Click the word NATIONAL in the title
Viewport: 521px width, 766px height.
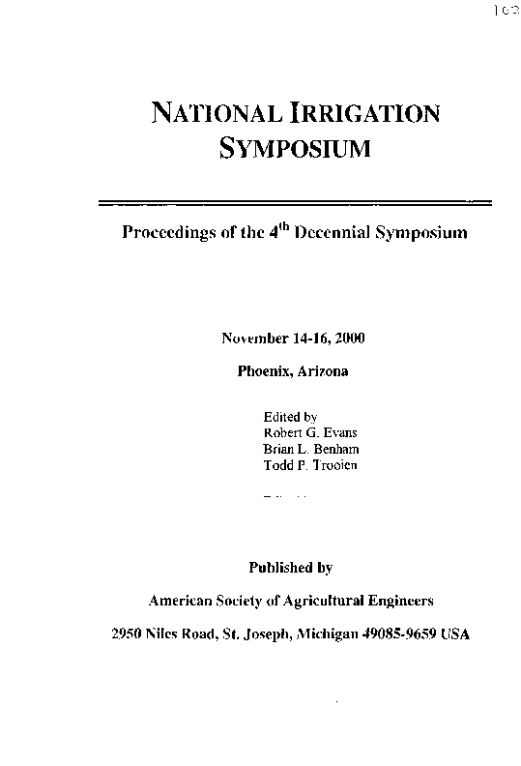pyautogui.click(x=213, y=113)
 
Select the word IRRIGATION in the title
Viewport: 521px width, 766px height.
pyautogui.click(x=364, y=113)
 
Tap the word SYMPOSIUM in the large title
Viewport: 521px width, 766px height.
pyautogui.click(x=295, y=149)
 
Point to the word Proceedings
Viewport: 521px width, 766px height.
pyautogui.click(x=167, y=234)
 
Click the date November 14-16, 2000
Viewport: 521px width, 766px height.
pyautogui.click(x=293, y=339)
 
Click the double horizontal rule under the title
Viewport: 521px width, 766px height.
pyautogui.click(x=296, y=203)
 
